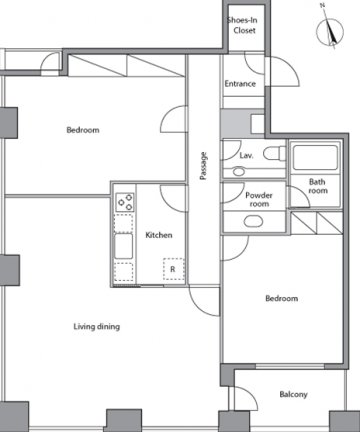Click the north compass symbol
pos(330,32)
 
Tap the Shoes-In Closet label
pos(243,25)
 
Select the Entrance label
pos(240,84)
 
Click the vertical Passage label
pos(203,166)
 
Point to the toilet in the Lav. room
pos(274,154)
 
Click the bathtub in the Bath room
pos(315,157)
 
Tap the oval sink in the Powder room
pos(253,221)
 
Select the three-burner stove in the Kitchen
pos(125,202)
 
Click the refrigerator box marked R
pos(173,269)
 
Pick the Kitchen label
pos(159,235)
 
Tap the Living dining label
pos(97,326)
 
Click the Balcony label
pos(293,395)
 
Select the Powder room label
pos(259,199)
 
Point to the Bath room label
pos(318,186)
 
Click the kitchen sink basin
pos(124,246)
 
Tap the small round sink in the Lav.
pos(239,172)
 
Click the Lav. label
pos(246,155)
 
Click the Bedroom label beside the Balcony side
pos(282,298)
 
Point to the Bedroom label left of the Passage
pos(83,130)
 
